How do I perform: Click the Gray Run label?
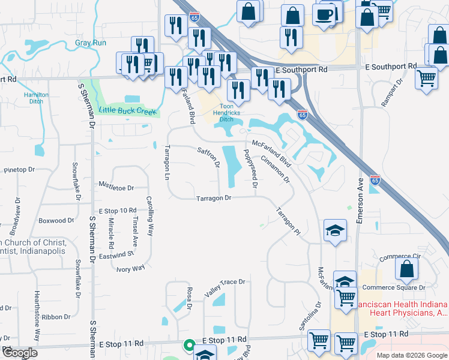(x=91, y=43)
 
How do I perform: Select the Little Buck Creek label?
(x=128, y=110)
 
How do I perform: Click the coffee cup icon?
(x=324, y=14)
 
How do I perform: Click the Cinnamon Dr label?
(x=276, y=169)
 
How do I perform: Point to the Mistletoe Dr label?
(x=115, y=188)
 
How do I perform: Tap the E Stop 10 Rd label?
(x=118, y=211)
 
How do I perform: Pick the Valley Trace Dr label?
(x=225, y=281)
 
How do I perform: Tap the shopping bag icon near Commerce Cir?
(x=407, y=270)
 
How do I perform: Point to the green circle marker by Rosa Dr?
(x=188, y=345)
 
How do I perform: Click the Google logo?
(x=20, y=353)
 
